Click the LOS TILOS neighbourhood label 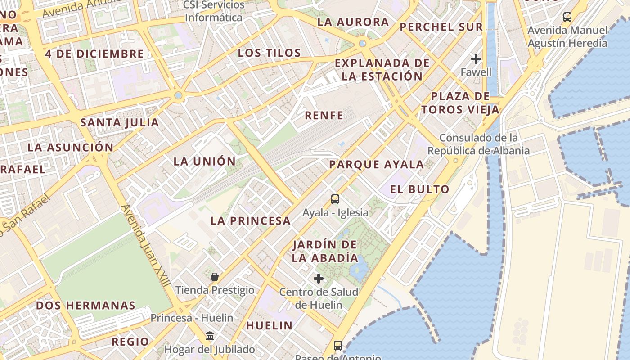[x=269, y=53]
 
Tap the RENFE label [x=324, y=116]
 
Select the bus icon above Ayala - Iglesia [x=335, y=199]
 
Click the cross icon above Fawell [x=476, y=59]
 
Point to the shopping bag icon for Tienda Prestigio [x=215, y=276]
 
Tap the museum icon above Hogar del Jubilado [x=210, y=336]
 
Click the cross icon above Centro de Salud [x=319, y=279]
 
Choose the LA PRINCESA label [x=251, y=221]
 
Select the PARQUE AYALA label [x=376, y=165]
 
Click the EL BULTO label [x=420, y=189]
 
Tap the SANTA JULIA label [x=120, y=122]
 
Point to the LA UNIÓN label [x=205, y=162]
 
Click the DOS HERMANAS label [x=85, y=306]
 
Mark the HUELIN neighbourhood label [x=269, y=325]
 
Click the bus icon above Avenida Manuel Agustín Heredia [x=567, y=17]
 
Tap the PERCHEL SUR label [x=441, y=27]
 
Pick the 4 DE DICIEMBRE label [x=94, y=54]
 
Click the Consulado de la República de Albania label [x=478, y=144]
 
